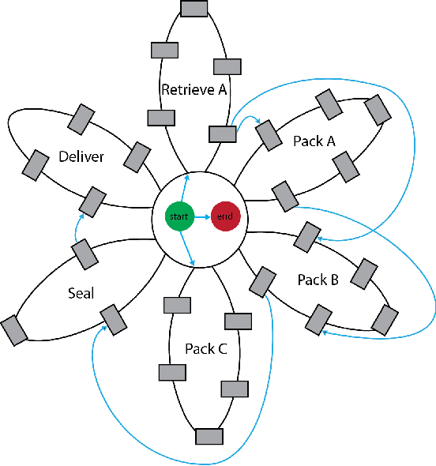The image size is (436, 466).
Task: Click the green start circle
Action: point(179,216)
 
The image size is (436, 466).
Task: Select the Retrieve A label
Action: point(194,89)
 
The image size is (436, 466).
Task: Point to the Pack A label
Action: point(314,141)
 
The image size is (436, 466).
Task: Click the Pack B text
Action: point(318,280)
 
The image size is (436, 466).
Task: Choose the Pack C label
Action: point(205,348)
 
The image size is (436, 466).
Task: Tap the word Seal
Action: point(81,294)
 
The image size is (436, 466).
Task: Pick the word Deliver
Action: point(81,157)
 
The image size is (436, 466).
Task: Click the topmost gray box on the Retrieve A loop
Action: point(194,8)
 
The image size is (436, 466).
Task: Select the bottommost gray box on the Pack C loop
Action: point(209,436)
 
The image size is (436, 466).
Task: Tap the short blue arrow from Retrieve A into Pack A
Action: point(249,121)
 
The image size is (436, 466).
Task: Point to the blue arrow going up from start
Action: point(184,192)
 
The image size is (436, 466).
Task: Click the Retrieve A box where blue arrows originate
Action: point(222,133)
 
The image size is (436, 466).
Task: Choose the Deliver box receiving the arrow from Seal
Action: point(93,201)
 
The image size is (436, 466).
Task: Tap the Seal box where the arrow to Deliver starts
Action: point(85,253)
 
